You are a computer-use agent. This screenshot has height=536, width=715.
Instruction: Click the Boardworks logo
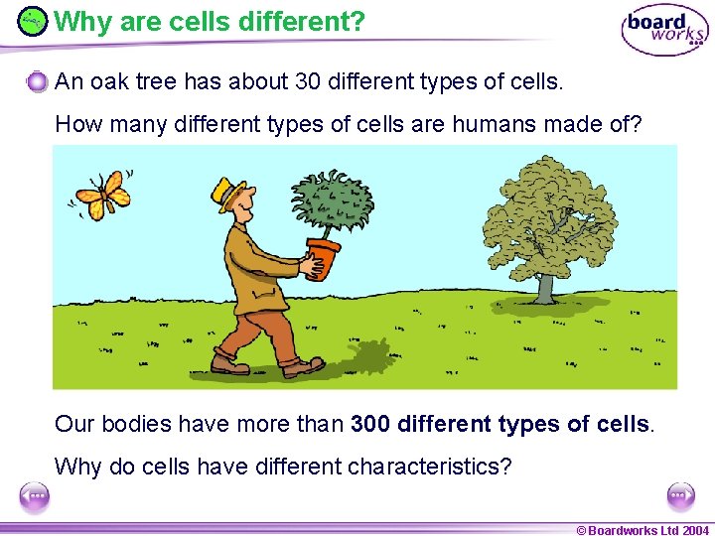click(664, 30)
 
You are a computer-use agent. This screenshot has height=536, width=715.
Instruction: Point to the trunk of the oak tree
click(544, 285)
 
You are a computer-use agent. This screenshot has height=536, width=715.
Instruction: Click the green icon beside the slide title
click(33, 21)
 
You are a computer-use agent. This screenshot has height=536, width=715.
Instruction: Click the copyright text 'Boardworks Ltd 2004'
click(649, 530)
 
